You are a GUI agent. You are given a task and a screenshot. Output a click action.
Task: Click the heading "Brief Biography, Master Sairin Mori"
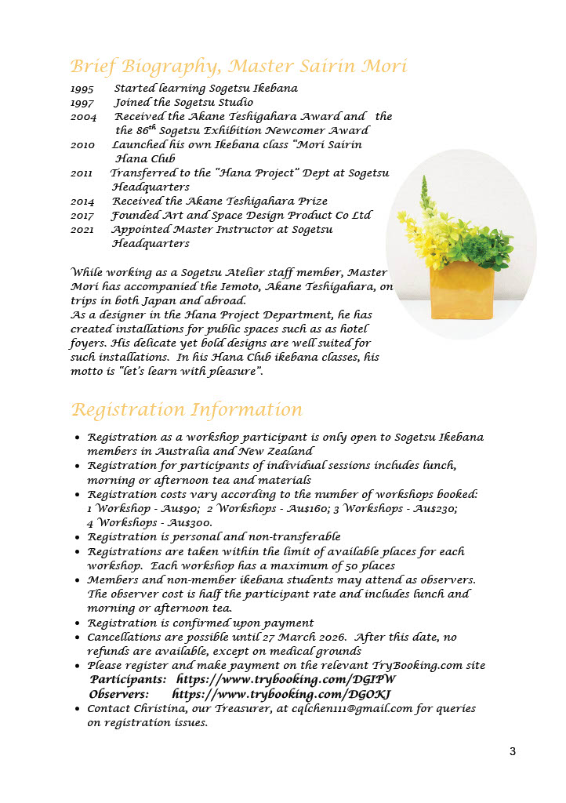pos(238,66)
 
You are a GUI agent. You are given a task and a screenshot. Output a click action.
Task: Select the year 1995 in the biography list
pos(82,89)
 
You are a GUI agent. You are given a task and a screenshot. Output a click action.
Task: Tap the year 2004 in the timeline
pos(84,117)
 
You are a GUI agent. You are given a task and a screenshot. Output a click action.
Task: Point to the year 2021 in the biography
pos(82,230)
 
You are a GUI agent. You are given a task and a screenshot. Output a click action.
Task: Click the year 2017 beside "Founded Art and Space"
pos(82,216)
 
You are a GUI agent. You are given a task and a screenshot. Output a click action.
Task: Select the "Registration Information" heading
pos(186,410)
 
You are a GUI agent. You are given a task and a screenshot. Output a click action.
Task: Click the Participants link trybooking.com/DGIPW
pos(286,680)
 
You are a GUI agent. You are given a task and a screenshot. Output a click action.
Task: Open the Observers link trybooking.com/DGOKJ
pos(281,694)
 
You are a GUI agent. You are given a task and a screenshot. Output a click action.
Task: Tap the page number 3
pos(513,752)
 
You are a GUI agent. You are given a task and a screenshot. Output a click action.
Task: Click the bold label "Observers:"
pos(119,694)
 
